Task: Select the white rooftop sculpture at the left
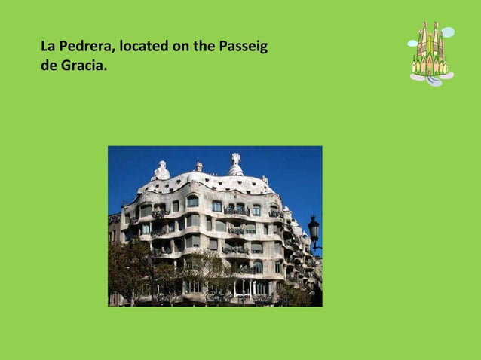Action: (161, 171)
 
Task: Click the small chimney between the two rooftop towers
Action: (199, 166)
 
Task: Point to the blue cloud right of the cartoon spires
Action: (448, 32)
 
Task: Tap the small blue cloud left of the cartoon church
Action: (412, 44)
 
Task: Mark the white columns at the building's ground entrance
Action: (243, 286)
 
